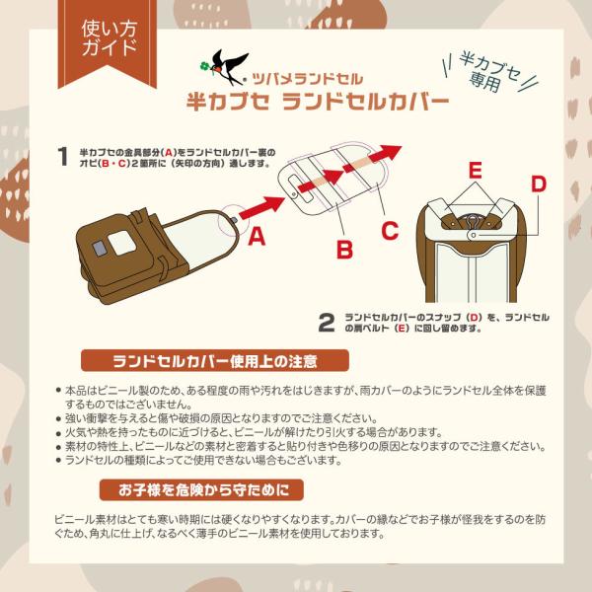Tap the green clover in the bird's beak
(205, 67)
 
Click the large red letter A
(257, 237)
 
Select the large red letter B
(344, 250)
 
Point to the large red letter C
(390, 230)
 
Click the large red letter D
(539, 185)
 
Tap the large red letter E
(476, 170)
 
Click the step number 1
(63, 156)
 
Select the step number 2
(327, 323)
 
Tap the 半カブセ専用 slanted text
(490, 73)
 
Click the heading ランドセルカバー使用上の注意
(215, 360)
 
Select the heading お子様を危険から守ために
(201, 489)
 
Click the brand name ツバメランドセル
(307, 79)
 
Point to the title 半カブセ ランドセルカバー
(318, 102)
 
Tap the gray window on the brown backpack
(99, 248)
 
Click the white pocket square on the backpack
(122, 242)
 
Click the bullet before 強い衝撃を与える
(58, 418)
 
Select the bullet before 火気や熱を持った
(58, 433)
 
